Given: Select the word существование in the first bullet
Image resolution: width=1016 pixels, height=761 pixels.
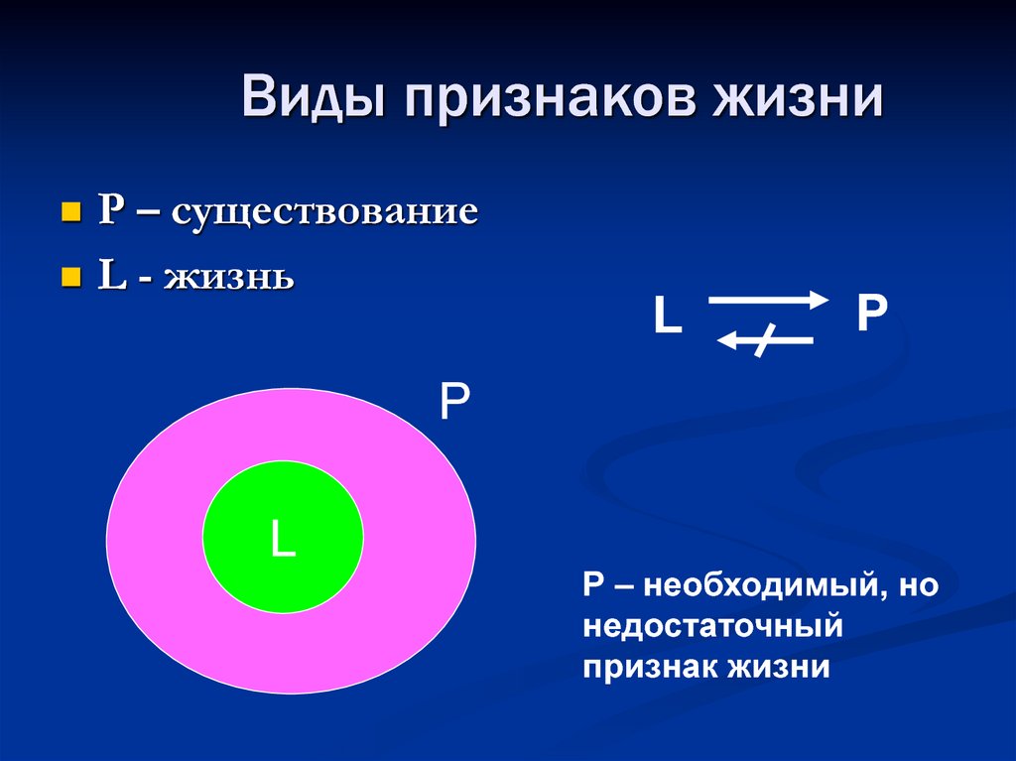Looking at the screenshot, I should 325,212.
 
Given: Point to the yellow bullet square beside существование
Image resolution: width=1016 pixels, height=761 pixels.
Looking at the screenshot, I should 70,212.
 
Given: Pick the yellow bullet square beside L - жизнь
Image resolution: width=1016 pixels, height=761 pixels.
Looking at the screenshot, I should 70,276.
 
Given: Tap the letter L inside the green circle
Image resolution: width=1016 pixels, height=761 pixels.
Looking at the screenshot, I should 283,540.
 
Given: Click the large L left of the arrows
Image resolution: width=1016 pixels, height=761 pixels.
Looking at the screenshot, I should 668,317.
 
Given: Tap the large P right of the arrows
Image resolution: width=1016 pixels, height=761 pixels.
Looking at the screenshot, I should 871,315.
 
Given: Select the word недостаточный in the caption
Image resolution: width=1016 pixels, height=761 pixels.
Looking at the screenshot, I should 712,627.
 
